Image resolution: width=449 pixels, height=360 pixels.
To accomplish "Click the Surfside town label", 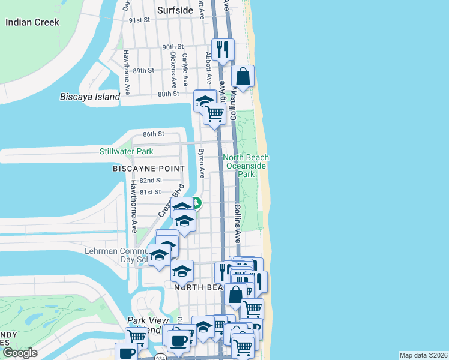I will tap(175, 10).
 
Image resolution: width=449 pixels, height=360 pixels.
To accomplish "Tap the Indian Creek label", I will tap(32, 22).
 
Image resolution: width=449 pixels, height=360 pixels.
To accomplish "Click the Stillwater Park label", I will tap(127, 151).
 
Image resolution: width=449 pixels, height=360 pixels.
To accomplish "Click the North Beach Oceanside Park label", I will tap(246, 166).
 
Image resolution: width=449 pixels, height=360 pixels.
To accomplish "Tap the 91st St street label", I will tap(139, 20).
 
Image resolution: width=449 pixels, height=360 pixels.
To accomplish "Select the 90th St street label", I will tap(172, 47).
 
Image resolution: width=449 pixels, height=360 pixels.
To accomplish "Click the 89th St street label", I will tap(144, 70).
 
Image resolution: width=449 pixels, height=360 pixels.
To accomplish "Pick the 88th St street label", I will tap(169, 94).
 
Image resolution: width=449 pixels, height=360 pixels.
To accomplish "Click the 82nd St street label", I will tap(151, 180).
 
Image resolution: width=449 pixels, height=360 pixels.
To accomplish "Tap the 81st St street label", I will tap(149, 192).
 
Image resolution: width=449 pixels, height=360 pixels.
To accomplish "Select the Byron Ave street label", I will tap(202, 164).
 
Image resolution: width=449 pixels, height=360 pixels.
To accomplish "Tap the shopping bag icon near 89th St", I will tap(243, 77).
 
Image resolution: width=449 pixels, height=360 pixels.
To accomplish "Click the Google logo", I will tap(20, 353).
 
